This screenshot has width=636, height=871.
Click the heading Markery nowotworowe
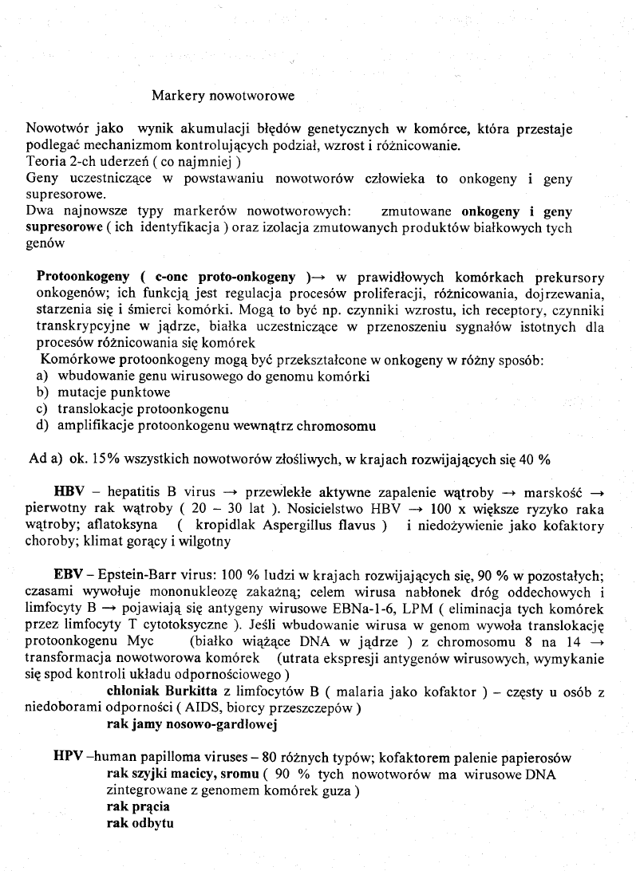[223, 96]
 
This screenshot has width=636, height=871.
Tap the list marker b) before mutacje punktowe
[43, 392]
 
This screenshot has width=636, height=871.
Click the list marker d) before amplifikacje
[43, 426]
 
